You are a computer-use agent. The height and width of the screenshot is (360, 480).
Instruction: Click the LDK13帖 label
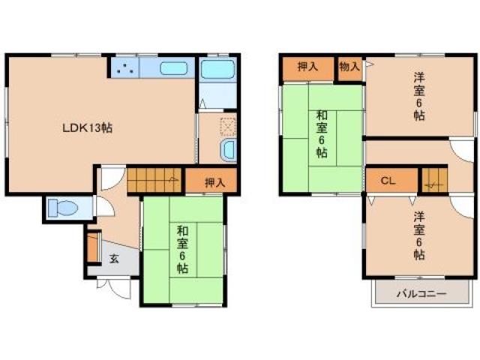pyautogui.click(x=87, y=127)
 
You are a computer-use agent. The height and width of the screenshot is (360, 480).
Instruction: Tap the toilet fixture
pyautogui.click(x=63, y=208)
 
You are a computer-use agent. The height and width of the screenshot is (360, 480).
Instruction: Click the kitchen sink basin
pyautogui.click(x=173, y=68)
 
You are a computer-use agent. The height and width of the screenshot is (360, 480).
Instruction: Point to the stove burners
pyautogui.click(x=125, y=68)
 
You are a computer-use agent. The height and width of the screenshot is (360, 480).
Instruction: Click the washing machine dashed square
pyautogui.click(x=228, y=127)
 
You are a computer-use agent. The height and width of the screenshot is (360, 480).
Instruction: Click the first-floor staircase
pyautogui.click(x=154, y=180)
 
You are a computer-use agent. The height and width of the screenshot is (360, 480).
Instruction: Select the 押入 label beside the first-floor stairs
pyautogui.click(x=215, y=183)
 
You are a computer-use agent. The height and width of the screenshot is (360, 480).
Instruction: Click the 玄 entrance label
pyautogui.click(x=114, y=259)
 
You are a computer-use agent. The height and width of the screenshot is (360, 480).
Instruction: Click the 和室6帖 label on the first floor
pyautogui.click(x=183, y=249)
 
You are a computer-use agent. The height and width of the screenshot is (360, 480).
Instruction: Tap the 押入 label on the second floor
pyautogui.click(x=308, y=67)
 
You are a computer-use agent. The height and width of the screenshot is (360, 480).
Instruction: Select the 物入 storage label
pyautogui.click(x=349, y=66)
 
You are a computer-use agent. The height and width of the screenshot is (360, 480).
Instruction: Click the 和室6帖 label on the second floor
pyautogui.click(x=322, y=134)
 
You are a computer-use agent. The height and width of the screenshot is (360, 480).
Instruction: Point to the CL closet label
pyautogui.click(x=388, y=181)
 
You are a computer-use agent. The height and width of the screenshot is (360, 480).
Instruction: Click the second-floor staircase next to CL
pyautogui.click(x=435, y=180)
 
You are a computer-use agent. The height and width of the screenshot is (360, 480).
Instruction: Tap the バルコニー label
pyautogui.click(x=421, y=294)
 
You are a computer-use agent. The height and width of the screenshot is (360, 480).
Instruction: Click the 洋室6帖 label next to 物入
pyautogui.click(x=419, y=96)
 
